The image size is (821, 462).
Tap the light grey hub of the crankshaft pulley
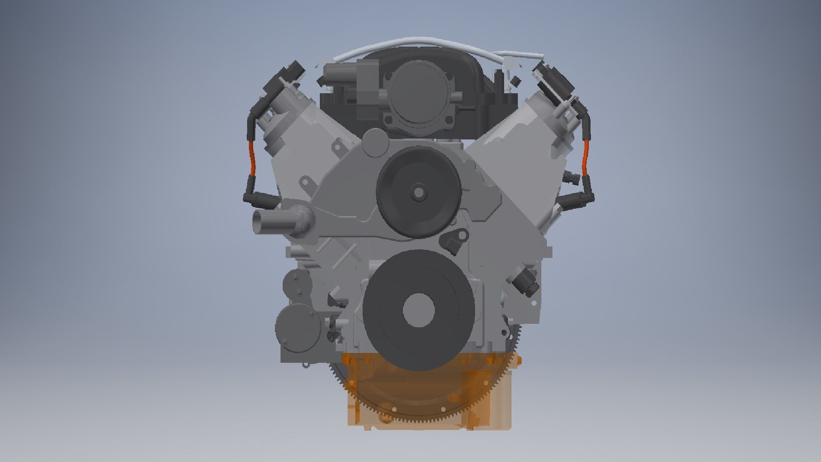(x=419, y=309)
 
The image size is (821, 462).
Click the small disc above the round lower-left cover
(x=298, y=283)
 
